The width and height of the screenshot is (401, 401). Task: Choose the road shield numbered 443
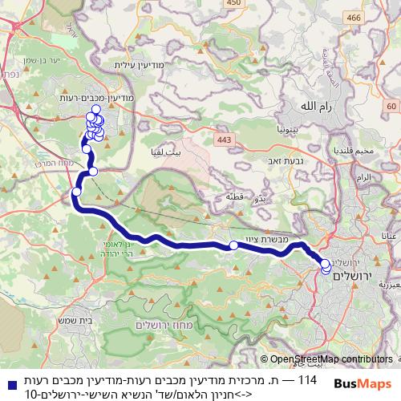pos(223,141)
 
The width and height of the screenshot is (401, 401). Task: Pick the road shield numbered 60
pos(390,107)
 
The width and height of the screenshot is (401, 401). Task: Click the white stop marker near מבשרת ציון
pos(233,245)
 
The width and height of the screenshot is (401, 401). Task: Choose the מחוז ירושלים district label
pos(160,325)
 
